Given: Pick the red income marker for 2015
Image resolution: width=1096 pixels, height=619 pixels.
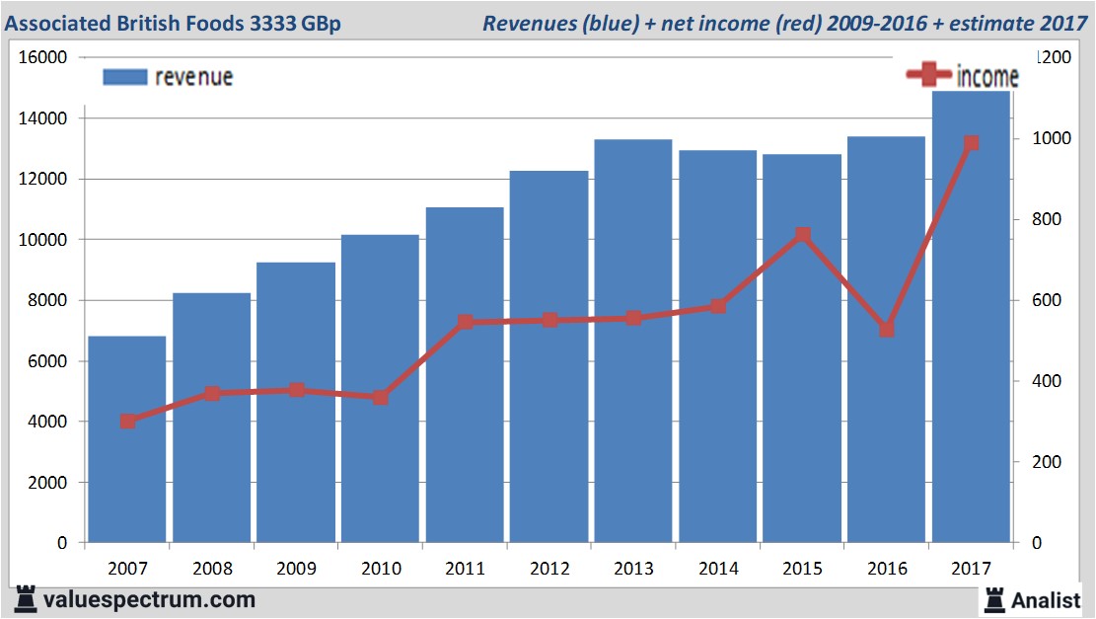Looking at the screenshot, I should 802,235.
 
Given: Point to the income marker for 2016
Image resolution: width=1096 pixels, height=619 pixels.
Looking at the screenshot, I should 887,329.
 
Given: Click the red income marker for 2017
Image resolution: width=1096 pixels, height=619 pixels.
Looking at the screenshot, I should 972,143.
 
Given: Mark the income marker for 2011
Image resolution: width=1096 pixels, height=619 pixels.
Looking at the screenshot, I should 466,322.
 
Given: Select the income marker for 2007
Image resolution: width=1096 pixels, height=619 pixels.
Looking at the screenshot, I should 127,422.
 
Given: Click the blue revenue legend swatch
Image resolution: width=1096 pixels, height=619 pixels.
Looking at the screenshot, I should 124,77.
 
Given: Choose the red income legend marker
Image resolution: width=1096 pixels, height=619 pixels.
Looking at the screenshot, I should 927,75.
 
